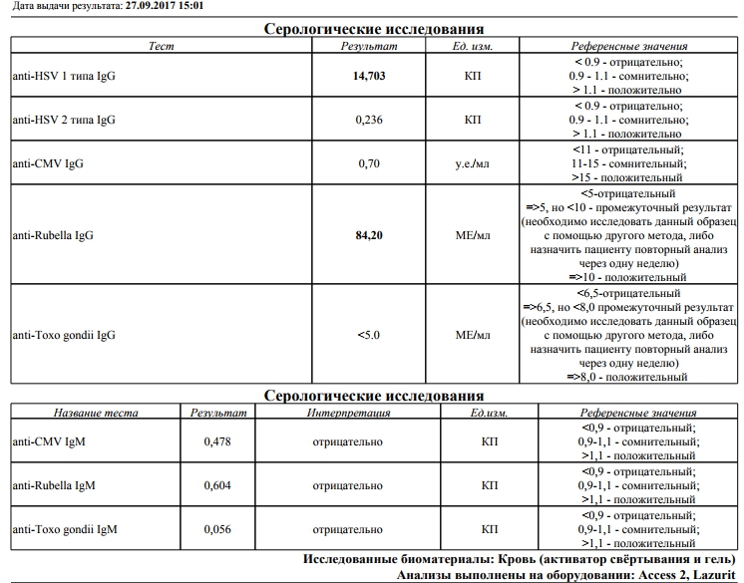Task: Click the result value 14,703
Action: point(369,76)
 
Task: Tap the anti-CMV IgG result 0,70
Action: point(369,162)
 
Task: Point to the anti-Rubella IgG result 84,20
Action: point(369,235)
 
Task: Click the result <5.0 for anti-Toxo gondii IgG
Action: point(369,335)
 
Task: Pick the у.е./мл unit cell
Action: point(473,162)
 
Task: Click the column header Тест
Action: point(161,46)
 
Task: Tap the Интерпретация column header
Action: point(347,413)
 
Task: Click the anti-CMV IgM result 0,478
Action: point(217,441)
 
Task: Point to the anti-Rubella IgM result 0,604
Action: point(217,485)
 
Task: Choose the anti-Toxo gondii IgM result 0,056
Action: point(217,529)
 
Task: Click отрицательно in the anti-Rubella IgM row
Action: point(347,485)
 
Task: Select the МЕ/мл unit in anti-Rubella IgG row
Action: point(473,235)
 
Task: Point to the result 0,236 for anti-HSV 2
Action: point(369,120)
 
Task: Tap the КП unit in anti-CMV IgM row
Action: point(490,441)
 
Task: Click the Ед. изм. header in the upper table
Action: point(473,46)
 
